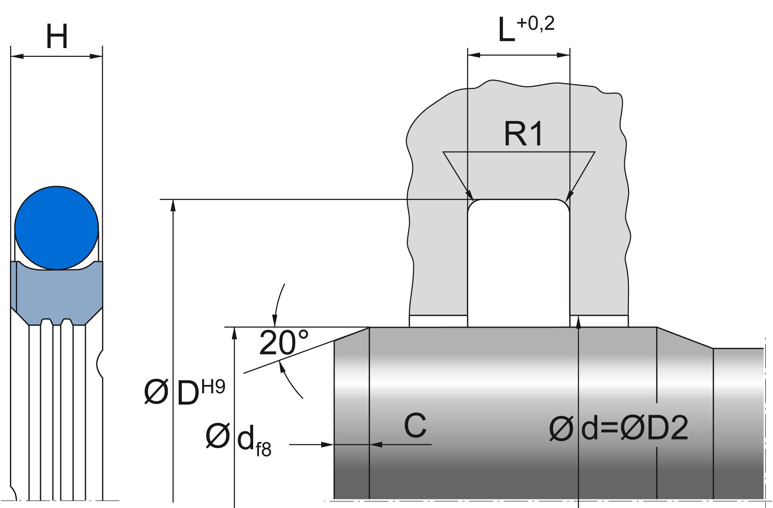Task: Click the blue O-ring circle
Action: point(56,228)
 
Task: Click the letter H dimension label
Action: point(57,37)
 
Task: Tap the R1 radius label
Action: point(523,134)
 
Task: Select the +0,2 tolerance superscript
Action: point(535,24)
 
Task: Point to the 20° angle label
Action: point(284,343)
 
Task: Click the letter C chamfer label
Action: point(415,425)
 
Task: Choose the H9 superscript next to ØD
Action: point(213,387)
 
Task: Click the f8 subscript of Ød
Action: point(263,450)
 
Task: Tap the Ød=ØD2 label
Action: point(618,429)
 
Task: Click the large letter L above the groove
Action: point(506,31)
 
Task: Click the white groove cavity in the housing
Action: point(518,263)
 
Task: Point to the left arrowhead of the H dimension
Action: point(17,56)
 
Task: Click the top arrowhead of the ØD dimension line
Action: point(174,205)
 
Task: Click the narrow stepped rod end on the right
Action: point(738,422)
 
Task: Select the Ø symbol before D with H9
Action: point(156,392)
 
